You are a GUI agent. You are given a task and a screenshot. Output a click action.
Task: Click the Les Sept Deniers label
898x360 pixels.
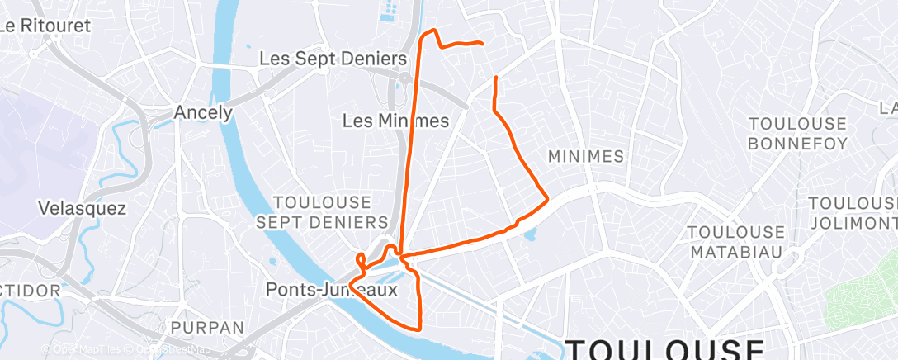click(333, 59)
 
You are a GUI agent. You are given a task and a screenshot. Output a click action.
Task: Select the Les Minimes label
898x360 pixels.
click(395, 121)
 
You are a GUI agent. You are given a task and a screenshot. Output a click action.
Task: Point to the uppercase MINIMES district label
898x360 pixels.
click(585, 156)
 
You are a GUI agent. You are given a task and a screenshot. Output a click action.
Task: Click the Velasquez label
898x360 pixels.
click(83, 209)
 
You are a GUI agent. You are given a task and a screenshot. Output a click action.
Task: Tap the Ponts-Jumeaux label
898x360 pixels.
click(332, 290)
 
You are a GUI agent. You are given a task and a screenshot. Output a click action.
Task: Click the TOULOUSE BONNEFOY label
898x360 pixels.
click(797, 134)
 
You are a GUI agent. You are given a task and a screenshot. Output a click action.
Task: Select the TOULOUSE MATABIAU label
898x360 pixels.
click(737, 241)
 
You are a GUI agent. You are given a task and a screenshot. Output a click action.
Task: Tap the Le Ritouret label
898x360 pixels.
click(45, 25)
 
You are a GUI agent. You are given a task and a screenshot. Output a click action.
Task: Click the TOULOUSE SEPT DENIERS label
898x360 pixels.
click(322, 212)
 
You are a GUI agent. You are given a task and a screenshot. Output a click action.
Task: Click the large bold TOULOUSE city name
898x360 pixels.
click(665, 349)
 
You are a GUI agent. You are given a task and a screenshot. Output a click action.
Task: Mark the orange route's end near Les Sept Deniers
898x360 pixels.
click(481, 43)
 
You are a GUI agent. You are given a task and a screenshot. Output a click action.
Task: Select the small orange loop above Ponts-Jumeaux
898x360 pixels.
click(362, 259)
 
